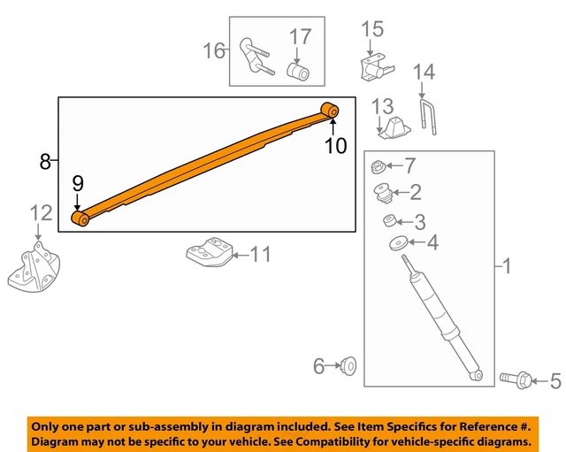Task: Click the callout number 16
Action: (215, 50)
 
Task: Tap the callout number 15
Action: (372, 29)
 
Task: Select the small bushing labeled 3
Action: (388, 220)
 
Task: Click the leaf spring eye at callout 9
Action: (80, 218)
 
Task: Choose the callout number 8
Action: (45, 161)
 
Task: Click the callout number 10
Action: (335, 145)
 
